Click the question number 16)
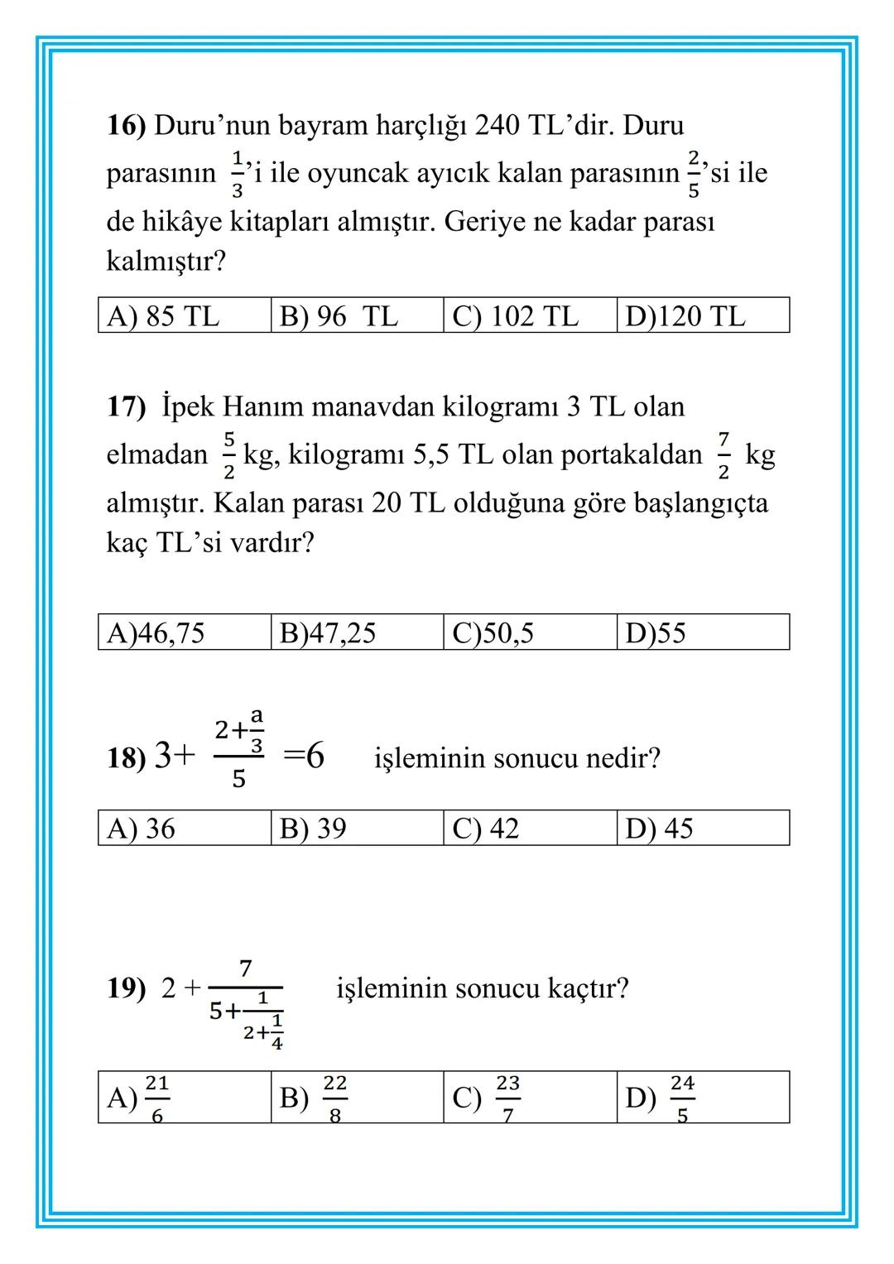tap(126, 126)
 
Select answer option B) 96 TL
tap(339, 316)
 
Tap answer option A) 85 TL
tap(163, 316)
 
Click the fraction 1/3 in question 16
tap(238, 174)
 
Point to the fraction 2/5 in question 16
tap(693, 174)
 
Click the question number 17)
tap(126, 407)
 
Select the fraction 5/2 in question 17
tap(229, 455)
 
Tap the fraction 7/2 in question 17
tap(723, 455)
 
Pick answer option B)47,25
tap(328, 633)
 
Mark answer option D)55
tap(656, 633)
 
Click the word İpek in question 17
tap(188, 407)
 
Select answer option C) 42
tap(486, 829)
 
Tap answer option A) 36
tap(141, 829)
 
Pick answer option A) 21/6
tap(138, 1098)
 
